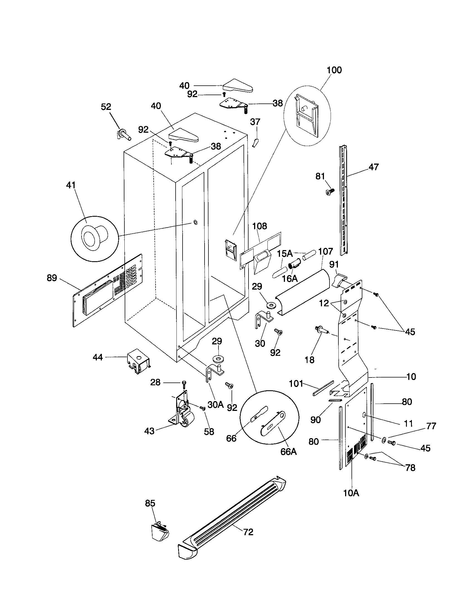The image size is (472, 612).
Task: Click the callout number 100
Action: [334, 70]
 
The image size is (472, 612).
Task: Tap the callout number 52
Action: [106, 107]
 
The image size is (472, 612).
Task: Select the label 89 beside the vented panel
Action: [52, 278]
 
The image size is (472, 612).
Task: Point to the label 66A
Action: [288, 452]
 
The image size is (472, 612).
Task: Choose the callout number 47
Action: [373, 167]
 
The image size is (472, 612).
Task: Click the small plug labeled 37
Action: [255, 143]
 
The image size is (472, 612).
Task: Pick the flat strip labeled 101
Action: [323, 388]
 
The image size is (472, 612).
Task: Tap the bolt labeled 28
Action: [184, 383]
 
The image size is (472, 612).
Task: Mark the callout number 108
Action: [260, 226]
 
